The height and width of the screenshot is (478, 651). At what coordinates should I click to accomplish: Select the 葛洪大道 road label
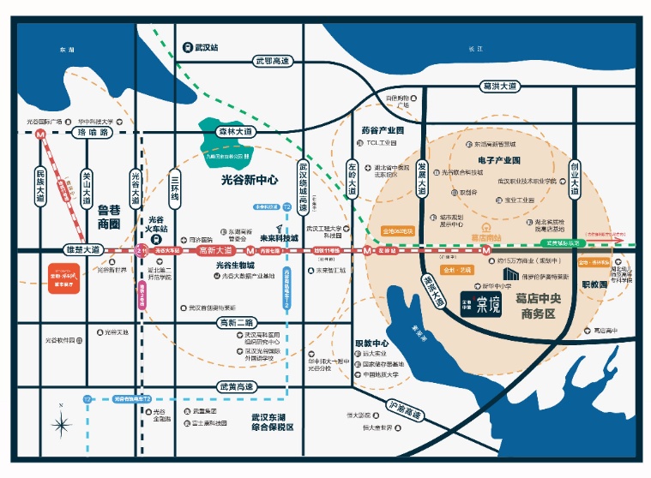500,87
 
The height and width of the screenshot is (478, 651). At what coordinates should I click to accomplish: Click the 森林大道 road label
235,132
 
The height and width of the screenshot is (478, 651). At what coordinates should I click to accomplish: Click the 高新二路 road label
235,322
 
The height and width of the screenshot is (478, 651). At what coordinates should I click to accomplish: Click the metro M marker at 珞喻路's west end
39,134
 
